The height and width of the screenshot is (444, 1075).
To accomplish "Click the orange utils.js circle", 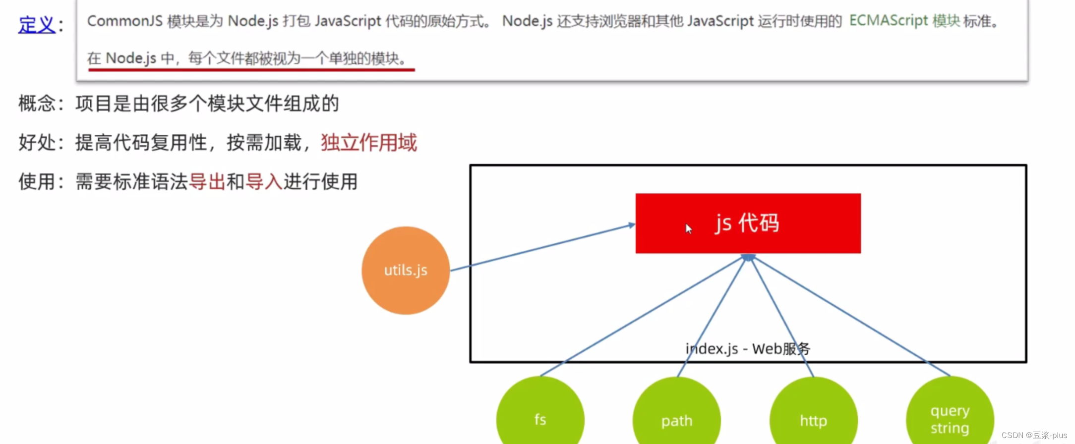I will point(406,271).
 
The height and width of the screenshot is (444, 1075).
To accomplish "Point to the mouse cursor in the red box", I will point(688,228).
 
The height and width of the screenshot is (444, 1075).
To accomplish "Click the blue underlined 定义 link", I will point(37,24).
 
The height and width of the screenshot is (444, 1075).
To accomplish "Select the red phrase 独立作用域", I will point(368,143).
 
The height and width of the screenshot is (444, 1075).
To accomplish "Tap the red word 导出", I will point(207,182).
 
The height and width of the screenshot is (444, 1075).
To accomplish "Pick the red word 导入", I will point(264,182).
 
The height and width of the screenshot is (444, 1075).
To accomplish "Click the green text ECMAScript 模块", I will point(904,21).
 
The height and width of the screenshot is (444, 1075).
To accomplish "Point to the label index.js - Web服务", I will point(748,349).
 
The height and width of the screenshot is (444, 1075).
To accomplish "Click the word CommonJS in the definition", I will point(125,21).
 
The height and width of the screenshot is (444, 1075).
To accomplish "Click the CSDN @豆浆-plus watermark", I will point(1034,435).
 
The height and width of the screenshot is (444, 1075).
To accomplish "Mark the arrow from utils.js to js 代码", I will point(543,247).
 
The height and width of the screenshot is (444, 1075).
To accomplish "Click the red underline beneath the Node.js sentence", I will point(251,70).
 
